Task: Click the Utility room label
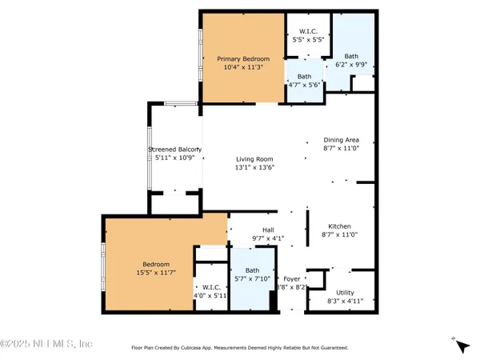346,293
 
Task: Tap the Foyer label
292,278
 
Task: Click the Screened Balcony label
174,150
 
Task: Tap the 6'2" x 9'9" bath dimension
351,65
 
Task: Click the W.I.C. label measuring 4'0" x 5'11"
211,286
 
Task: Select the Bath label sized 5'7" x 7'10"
252,270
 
